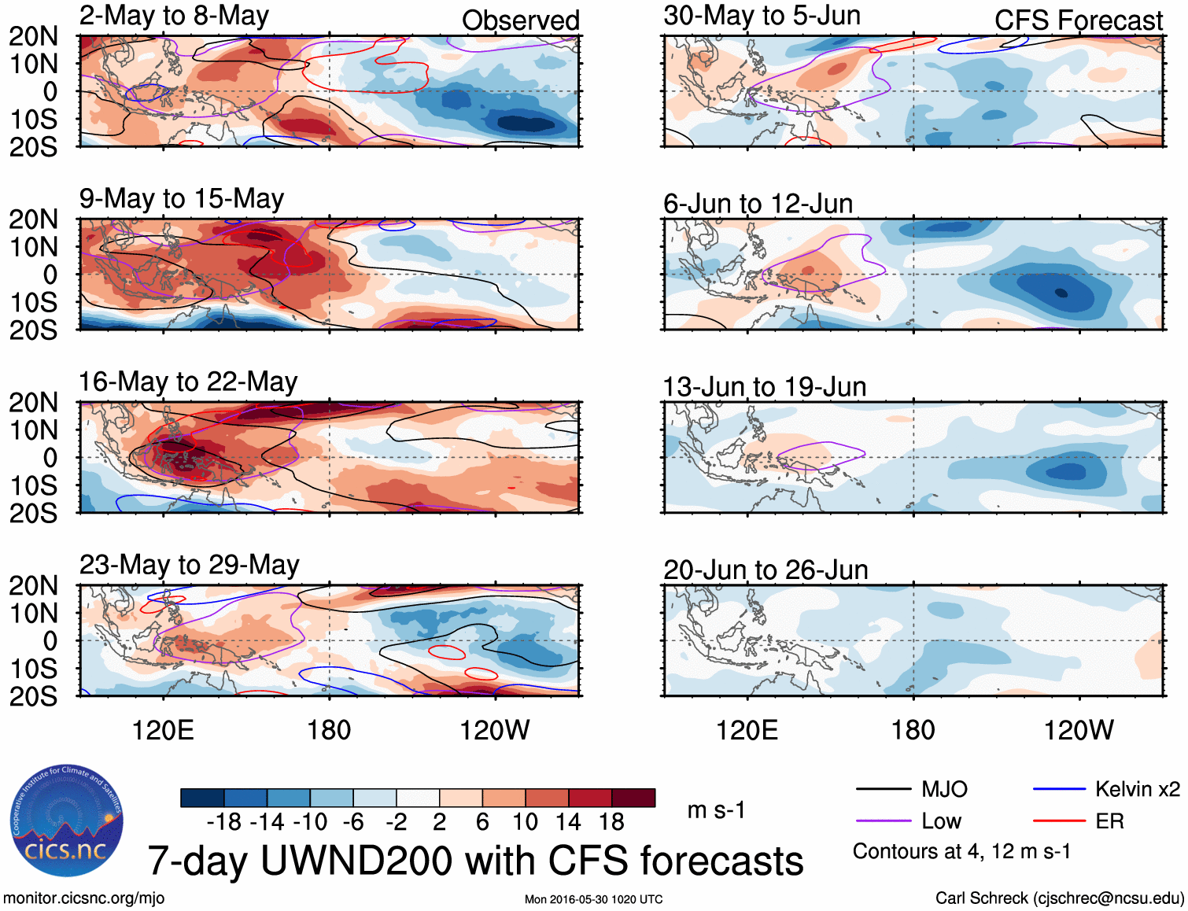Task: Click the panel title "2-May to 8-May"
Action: [174, 16]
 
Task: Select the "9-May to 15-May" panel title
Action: [182, 199]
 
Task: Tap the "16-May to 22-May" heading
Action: [188, 382]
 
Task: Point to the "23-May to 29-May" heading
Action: [190, 565]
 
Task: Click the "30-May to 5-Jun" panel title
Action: [762, 16]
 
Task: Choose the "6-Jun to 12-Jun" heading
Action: [758, 204]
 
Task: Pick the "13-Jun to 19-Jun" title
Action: [764, 387]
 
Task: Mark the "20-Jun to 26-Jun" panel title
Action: [766, 570]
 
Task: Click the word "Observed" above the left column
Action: [520, 20]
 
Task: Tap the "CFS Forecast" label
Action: [1078, 20]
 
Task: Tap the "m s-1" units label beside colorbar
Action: [716, 810]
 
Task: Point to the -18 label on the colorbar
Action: [224, 822]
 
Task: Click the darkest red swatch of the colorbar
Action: [633, 798]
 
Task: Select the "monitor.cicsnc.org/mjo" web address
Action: [84, 898]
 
